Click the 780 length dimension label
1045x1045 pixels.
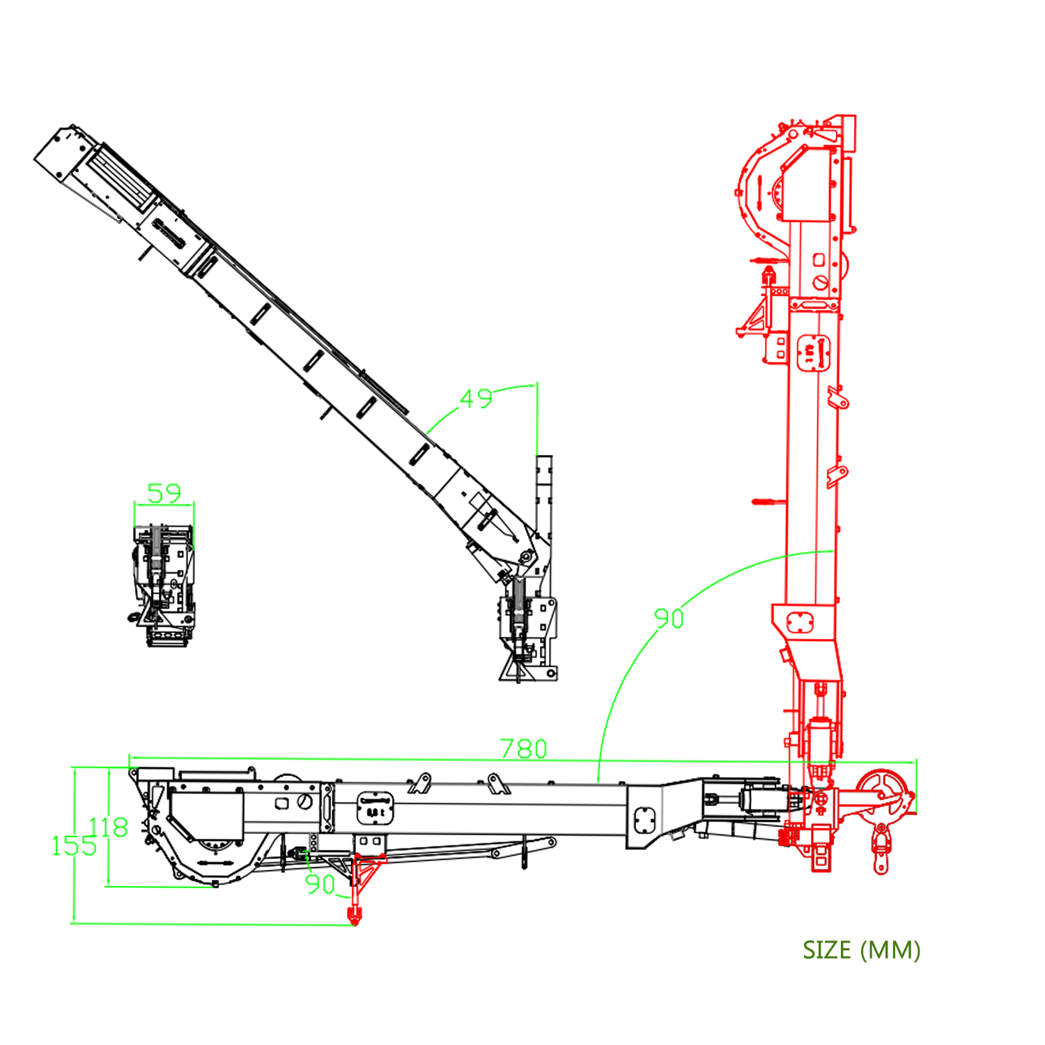[524, 748]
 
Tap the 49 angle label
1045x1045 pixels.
[477, 398]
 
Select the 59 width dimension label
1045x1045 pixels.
[164, 493]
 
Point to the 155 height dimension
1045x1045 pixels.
[74, 846]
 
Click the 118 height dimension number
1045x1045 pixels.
[109, 827]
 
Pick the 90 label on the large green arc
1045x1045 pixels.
[669, 618]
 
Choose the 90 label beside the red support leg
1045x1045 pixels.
[320, 884]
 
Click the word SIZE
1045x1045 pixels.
[827, 950]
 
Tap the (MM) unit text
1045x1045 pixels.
[890, 950]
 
